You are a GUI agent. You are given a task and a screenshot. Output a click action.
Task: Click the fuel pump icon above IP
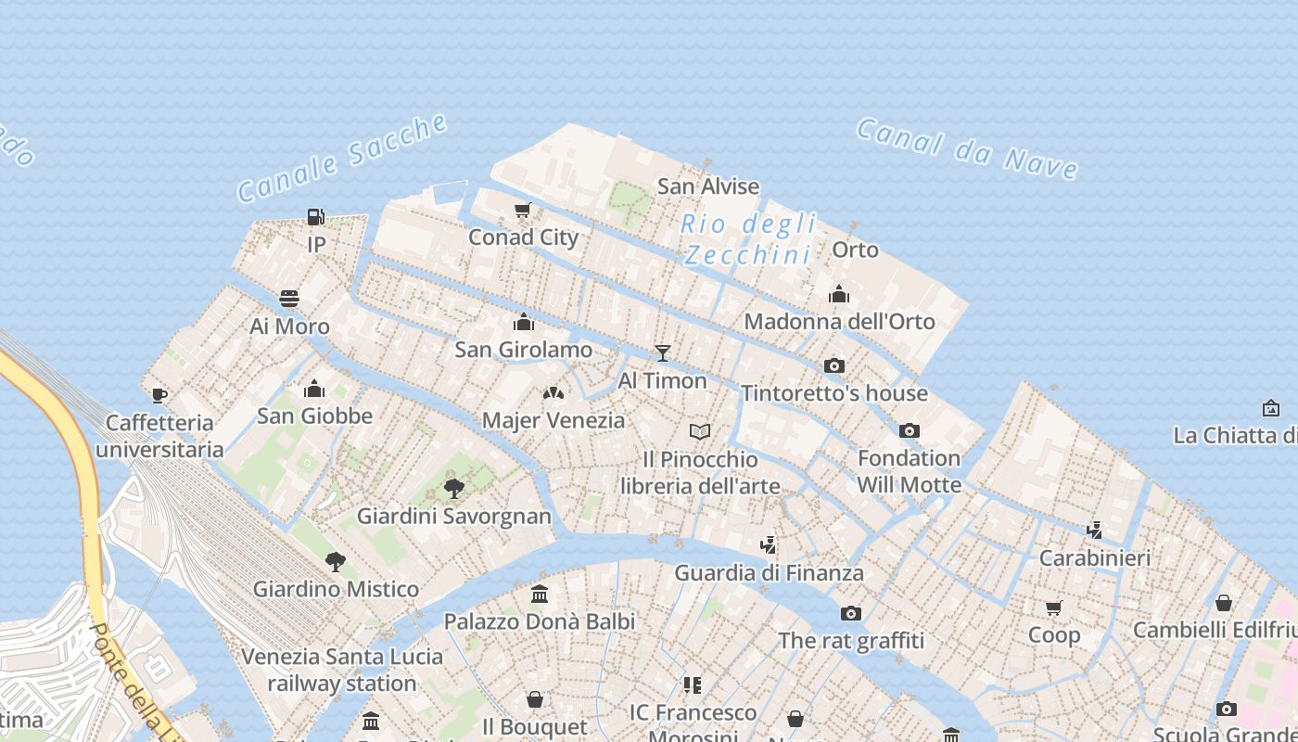316,217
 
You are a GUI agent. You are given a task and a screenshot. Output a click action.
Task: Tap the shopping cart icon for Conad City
522,211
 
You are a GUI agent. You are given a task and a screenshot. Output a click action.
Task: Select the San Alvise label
708,186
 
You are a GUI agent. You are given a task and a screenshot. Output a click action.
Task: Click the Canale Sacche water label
343,158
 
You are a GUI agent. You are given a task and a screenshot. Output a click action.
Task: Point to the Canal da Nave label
967,148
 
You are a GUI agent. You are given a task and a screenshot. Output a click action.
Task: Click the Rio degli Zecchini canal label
748,239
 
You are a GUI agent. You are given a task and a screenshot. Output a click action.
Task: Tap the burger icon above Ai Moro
289,299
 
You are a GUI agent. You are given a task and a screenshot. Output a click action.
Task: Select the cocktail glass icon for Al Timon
662,352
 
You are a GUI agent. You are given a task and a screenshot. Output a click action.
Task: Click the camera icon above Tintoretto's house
834,365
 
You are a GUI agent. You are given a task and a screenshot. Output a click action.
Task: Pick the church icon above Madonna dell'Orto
839,294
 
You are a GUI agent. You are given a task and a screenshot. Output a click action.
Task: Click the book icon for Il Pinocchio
700,431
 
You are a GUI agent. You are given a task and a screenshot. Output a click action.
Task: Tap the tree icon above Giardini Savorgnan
454,488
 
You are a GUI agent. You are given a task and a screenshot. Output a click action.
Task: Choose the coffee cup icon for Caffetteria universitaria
159,395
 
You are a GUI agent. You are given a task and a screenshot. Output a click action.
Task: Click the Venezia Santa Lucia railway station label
342,670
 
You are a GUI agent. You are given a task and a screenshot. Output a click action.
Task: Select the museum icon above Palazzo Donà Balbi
540,594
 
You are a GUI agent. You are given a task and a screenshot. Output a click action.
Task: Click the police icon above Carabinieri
1095,530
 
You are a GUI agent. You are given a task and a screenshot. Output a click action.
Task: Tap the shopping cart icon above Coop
1054,608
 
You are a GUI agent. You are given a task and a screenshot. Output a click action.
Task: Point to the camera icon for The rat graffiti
851,613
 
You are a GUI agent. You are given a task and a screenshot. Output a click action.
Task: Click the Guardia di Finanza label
769,573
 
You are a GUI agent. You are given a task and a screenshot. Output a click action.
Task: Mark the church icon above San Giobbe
314,388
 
